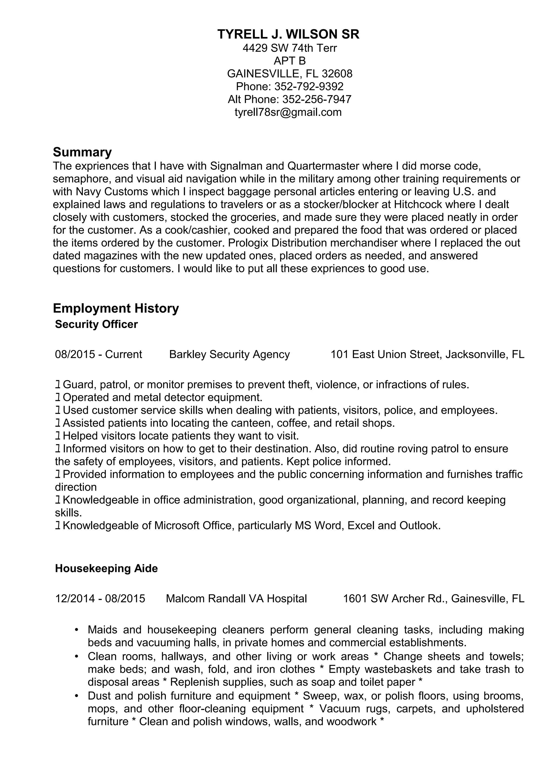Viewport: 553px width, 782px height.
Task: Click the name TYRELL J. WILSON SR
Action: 288,34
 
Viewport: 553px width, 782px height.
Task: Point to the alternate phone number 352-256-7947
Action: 317,99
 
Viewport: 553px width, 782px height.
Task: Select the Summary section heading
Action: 82,152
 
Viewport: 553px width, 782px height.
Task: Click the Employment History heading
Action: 116,308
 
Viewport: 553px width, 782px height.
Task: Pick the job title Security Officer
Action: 96,324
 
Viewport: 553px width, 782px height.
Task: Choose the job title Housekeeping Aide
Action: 106,569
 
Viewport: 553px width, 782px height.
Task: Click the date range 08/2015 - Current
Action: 99,355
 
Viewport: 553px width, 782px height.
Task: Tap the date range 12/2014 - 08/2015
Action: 100,599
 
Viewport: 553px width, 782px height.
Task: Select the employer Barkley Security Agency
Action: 229,355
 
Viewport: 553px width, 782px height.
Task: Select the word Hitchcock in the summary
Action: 418,204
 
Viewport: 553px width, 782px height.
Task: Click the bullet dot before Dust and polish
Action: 77,696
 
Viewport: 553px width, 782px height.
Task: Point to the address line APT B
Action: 290,61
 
